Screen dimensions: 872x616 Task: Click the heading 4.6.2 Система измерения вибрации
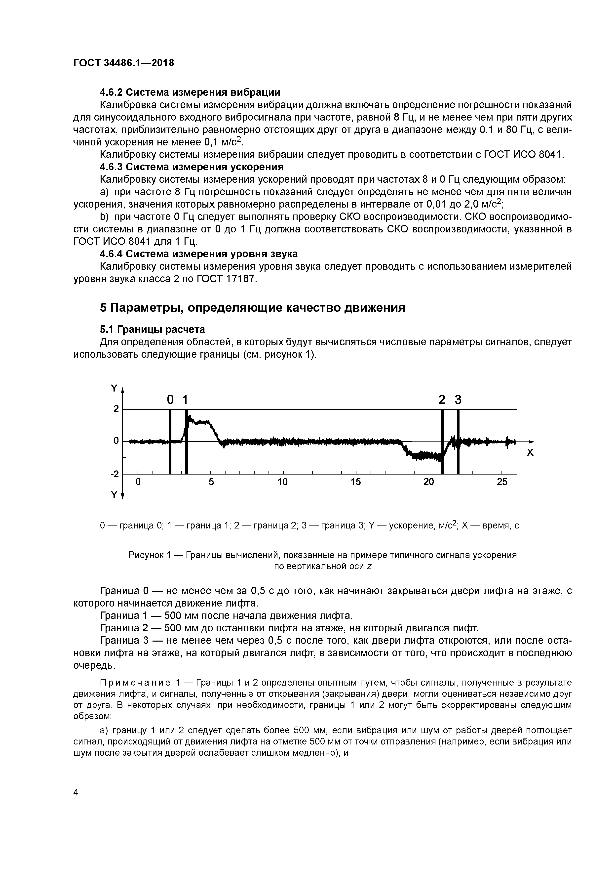coord(190,92)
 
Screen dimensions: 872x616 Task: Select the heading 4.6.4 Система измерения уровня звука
coord(198,254)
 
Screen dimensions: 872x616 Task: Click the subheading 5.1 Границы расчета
coord(152,329)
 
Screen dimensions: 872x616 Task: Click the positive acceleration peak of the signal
coord(190,417)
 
